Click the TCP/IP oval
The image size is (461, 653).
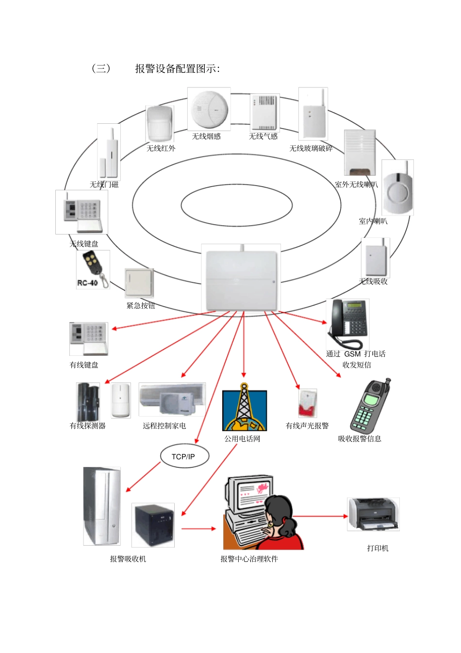pyautogui.click(x=183, y=456)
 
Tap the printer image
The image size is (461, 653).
pyautogui.click(x=373, y=514)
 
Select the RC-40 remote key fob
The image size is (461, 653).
pyautogui.click(x=92, y=270)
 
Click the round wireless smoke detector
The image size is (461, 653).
pyautogui.click(x=209, y=110)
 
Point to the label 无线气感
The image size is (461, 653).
pyautogui.click(x=263, y=136)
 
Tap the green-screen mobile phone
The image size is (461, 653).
pyautogui.click(x=370, y=407)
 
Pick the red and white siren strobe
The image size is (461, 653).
pyautogui.click(x=307, y=403)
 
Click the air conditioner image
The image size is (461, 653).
pyautogui.click(x=172, y=400)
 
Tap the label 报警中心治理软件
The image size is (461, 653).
pyautogui.click(x=249, y=559)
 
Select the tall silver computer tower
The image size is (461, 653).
pyautogui.click(x=101, y=506)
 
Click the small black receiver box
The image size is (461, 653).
pyautogui.click(x=153, y=525)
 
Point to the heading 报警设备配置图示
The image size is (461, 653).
pyautogui.click(x=177, y=69)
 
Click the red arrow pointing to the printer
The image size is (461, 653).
pyautogui.click(x=320, y=516)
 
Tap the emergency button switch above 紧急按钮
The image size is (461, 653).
pyautogui.click(x=139, y=283)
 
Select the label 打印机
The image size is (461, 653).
pyautogui.click(x=378, y=548)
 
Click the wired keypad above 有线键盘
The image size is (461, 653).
pyautogui.click(x=88, y=338)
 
